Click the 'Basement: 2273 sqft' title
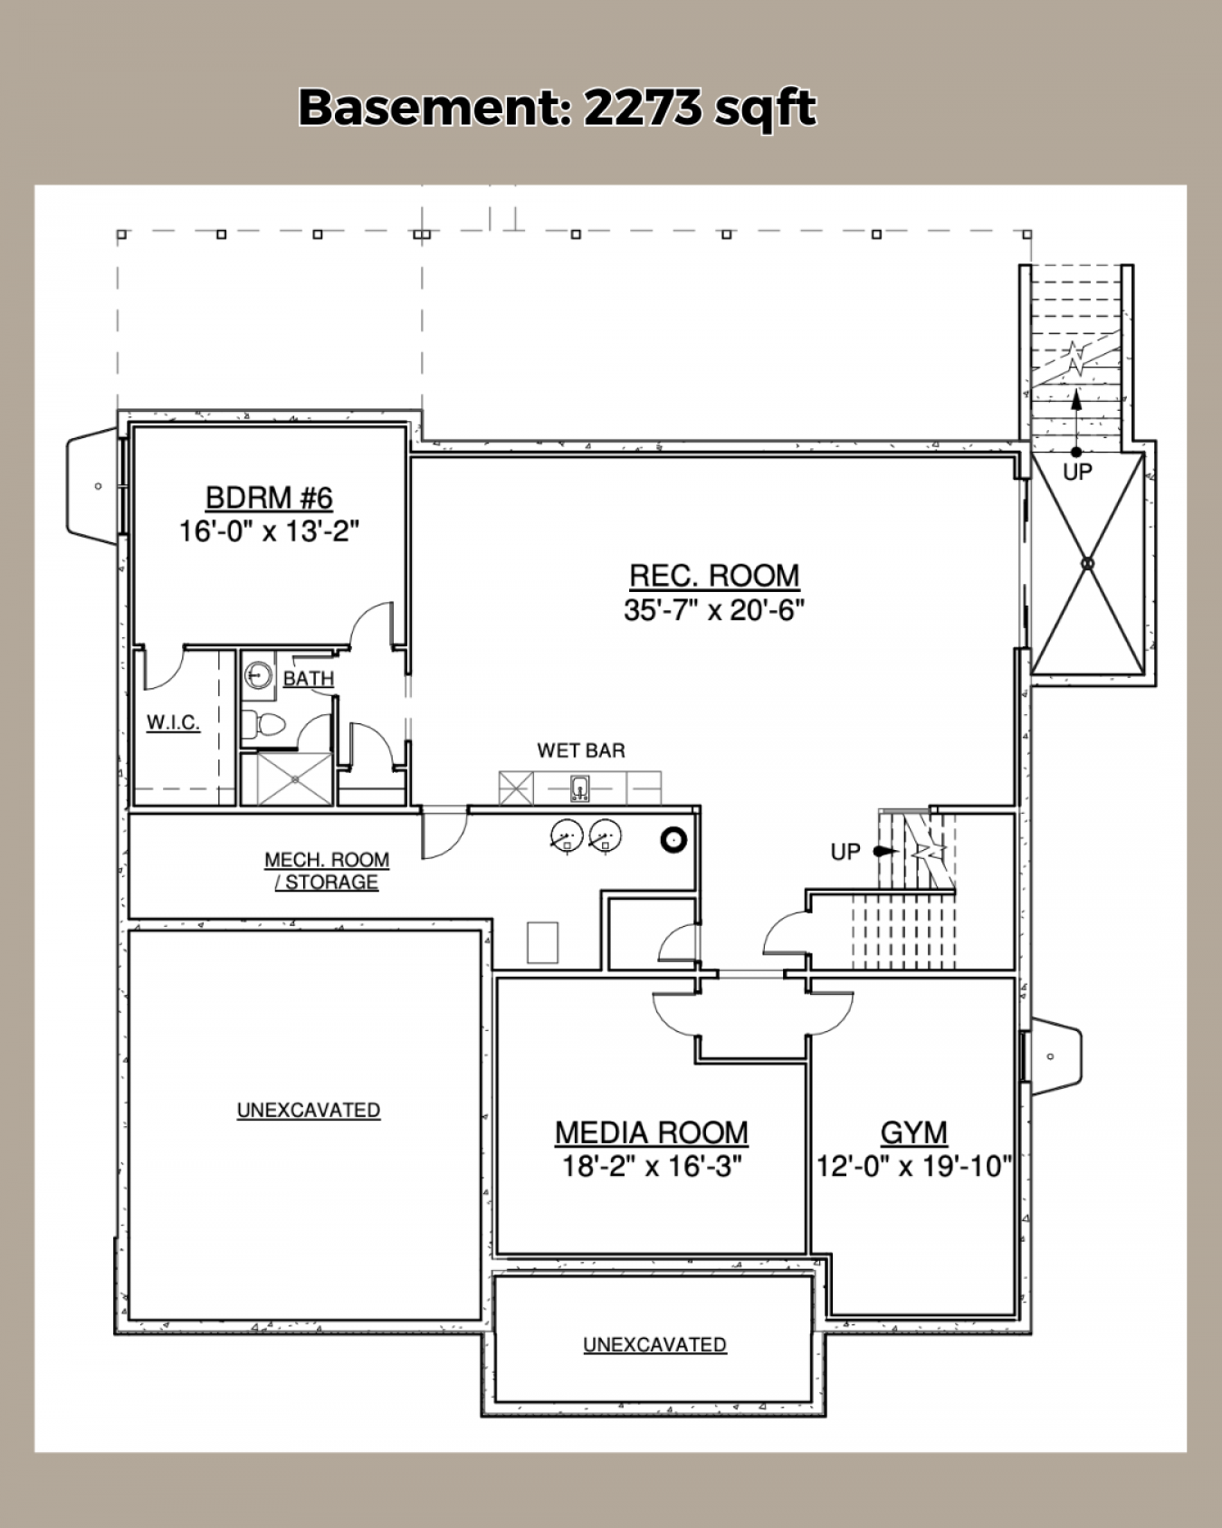coord(558,108)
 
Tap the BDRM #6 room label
coord(269,497)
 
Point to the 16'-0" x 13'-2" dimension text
coord(269,530)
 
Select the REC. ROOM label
coord(714,575)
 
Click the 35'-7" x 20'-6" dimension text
coord(714,610)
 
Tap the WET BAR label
coord(581,750)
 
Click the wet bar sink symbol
coord(580,788)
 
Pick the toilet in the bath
coord(264,724)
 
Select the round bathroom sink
coord(259,674)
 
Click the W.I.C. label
coord(173,722)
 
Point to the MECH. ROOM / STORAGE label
coord(327,871)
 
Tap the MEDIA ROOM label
coord(652,1132)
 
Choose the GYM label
coord(914,1132)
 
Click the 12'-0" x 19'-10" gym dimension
coord(914,1166)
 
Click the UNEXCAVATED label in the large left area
coord(309,1110)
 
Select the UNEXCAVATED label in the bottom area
coord(654,1344)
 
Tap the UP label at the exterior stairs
coord(1077,471)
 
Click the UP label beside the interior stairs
coord(845,852)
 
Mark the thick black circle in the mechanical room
coord(674,840)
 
